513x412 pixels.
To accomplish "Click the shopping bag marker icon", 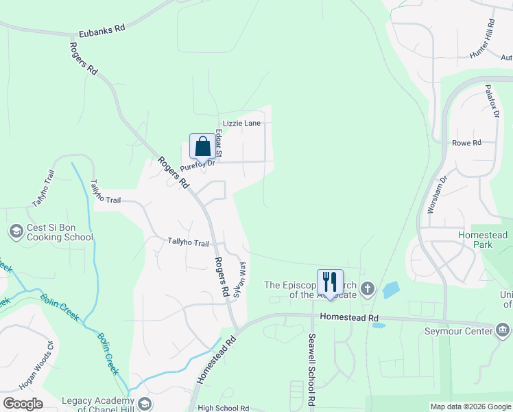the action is pyautogui.click(x=202, y=146).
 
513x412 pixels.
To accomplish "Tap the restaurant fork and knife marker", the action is pyautogui.click(x=330, y=282).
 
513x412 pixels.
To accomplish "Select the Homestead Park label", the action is pyautogui.click(x=483, y=240).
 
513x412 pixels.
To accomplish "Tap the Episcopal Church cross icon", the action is pyautogui.click(x=368, y=288).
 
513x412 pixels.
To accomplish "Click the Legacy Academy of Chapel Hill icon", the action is pyautogui.click(x=145, y=403).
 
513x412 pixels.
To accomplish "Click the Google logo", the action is pyautogui.click(x=23, y=404).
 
